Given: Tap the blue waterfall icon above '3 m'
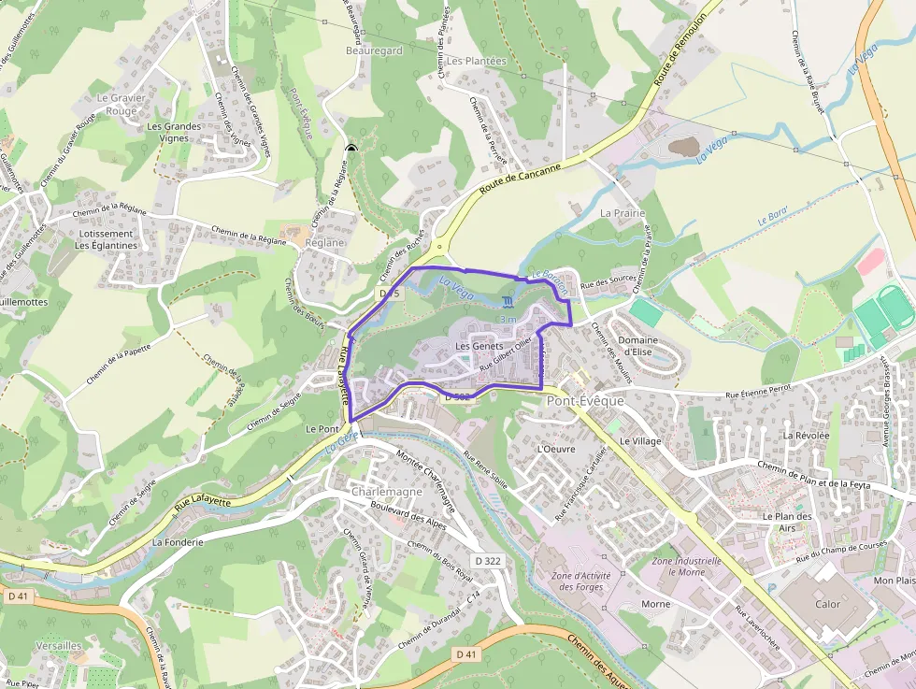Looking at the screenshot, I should pyautogui.click(x=508, y=302).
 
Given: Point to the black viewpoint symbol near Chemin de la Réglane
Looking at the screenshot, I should pyautogui.click(x=351, y=149).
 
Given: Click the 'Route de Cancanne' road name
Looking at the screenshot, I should pyautogui.click(x=521, y=179).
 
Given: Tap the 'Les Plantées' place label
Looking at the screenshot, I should pyautogui.click(x=476, y=61).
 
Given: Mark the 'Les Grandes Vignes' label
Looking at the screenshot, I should pyautogui.click(x=174, y=132).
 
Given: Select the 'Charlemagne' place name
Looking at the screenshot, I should pyautogui.click(x=387, y=492).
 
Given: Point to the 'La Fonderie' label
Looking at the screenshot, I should pyautogui.click(x=178, y=541).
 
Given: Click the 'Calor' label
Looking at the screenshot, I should pyautogui.click(x=827, y=604).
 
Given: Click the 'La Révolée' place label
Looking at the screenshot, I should pyautogui.click(x=807, y=435).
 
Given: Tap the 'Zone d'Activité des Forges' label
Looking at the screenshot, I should pyautogui.click(x=580, y=581).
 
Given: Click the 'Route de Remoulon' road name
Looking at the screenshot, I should pyautogui.click(x=679, y=53).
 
